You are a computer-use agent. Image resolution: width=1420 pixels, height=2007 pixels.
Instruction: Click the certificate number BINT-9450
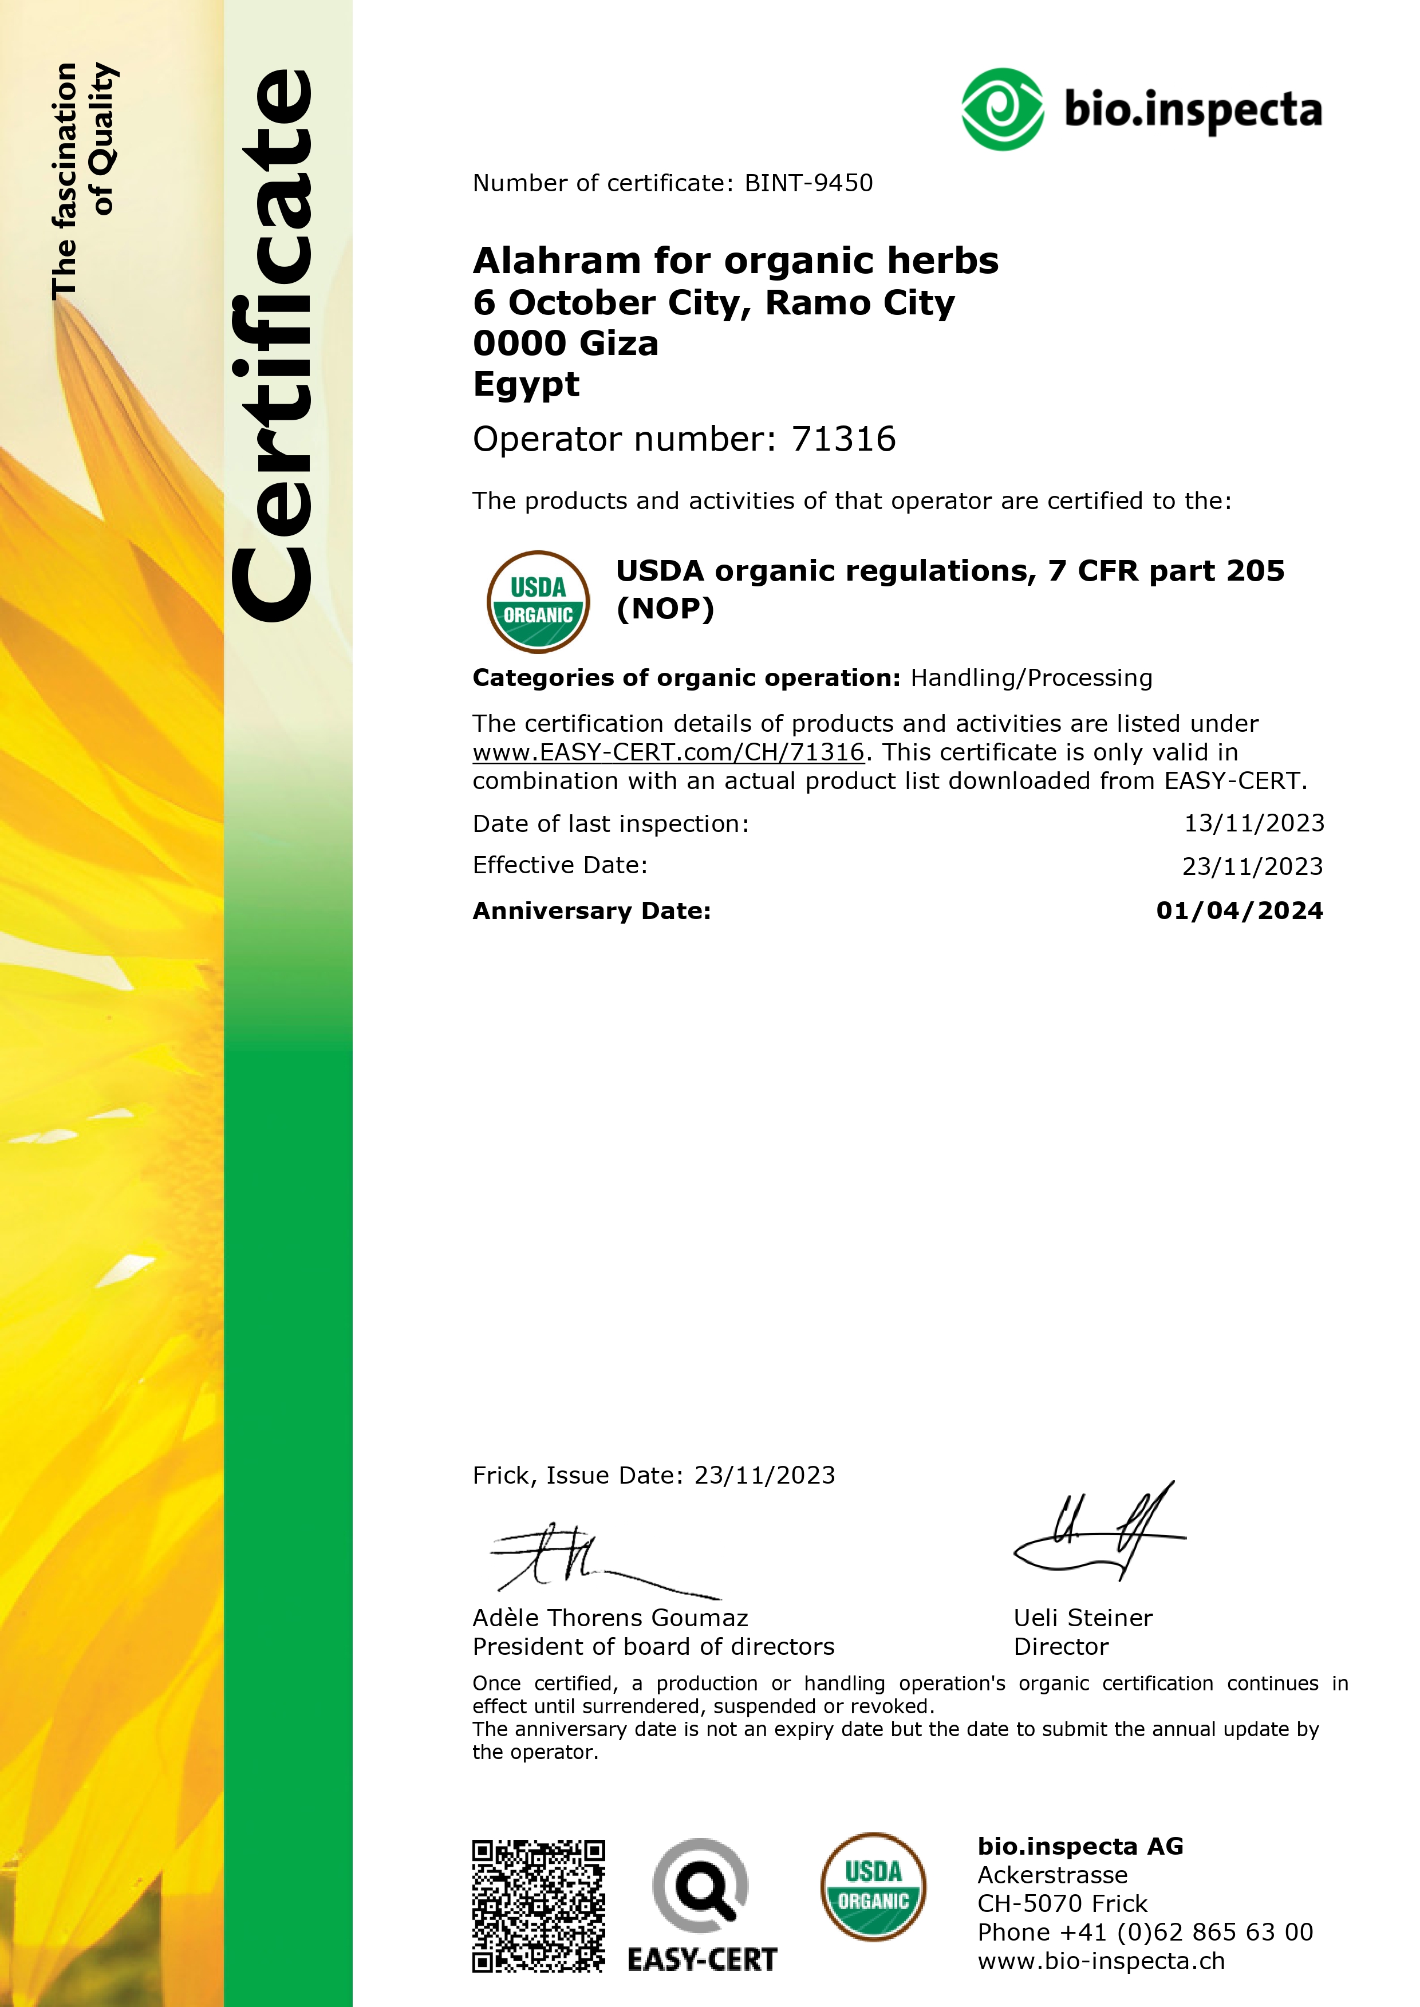(808, 183)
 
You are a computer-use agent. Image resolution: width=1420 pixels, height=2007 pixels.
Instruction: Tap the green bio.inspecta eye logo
(1002, 109)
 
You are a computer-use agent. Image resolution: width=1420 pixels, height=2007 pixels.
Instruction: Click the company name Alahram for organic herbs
(735, 261)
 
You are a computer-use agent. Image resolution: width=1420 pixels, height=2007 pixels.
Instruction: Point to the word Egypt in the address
(526, 384)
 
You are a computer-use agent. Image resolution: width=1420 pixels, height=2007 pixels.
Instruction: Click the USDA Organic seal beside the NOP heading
(538, 602)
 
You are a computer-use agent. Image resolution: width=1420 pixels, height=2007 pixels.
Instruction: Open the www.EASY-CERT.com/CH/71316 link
(668, 752)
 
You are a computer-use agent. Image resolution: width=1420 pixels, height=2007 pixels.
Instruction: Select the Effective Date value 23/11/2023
(1252, 866)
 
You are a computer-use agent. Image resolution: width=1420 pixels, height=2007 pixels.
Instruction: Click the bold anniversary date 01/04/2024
(1239, 910)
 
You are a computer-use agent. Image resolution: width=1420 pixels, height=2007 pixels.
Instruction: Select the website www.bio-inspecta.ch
(1101, 1961)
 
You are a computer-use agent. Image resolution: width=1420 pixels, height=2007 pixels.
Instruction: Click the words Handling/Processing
(1031, 678)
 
